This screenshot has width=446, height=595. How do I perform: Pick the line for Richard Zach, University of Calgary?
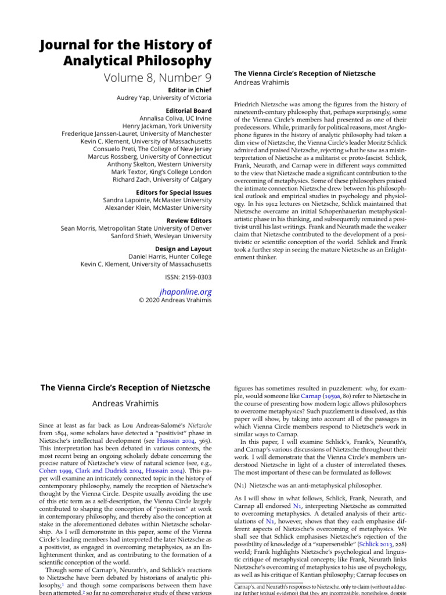coord(162,179)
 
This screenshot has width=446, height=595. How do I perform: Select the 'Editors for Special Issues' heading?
coord(174,192)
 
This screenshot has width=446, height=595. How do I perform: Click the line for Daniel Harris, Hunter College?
coord(170,256)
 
